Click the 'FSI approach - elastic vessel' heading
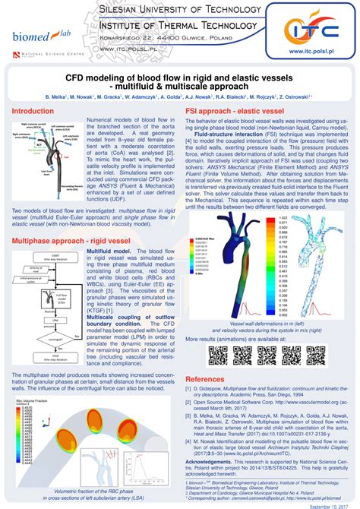[235, 111]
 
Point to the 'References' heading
[205, 378]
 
